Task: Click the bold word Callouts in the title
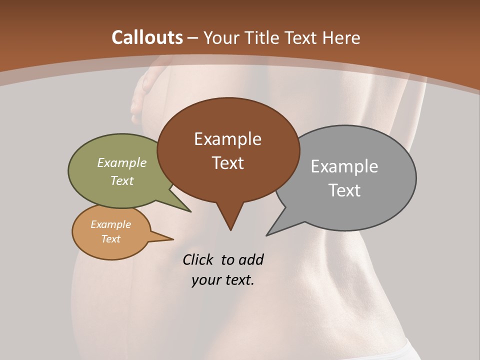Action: (x=147, y=37)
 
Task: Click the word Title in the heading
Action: (x=262, y=37)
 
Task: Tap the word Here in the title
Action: (x=341, y=37)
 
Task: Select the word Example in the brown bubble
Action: (x=227, y=139)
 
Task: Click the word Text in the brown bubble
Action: (x=227, y=163)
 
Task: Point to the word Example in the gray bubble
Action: (x=344, y=166)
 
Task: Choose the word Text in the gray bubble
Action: (x=344, y=190)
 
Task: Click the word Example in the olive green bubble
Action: (x=122, y=163)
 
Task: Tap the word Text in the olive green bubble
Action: (x=122, y=181)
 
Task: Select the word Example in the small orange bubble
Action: (x=110, y=224)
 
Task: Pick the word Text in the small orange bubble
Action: (x=110, y=239)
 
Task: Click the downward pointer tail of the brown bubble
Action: (x=230, y=220)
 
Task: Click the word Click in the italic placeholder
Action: (x=199, y=259)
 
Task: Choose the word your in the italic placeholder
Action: (x=206, y=280)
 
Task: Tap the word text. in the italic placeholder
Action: (x=238, y=280)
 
